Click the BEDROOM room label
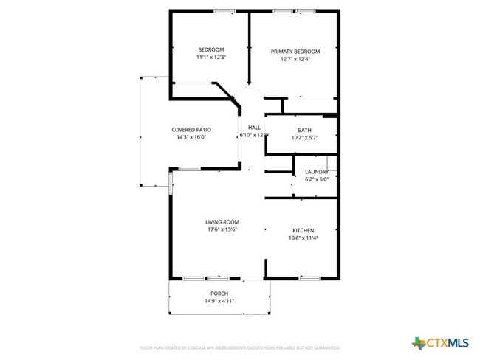point(210,49)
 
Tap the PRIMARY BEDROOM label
point(295,52)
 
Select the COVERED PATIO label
point(191,130)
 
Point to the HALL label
point(254,128)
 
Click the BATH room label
point(304,130)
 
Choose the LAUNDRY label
point(317,172)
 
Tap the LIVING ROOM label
point(222,222)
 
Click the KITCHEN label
point(303,230)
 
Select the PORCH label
point(219,294)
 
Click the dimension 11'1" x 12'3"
point(210,57)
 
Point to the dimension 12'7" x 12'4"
point(295,59)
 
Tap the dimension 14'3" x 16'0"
point(191,137)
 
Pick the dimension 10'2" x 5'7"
point(304,137)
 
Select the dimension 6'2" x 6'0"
point(317,179)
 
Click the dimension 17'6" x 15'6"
point(222,229)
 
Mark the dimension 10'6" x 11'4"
point(303,238)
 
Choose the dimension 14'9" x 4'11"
point(219,301)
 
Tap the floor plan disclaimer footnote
point(239,347)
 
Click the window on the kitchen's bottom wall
point(309,278)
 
